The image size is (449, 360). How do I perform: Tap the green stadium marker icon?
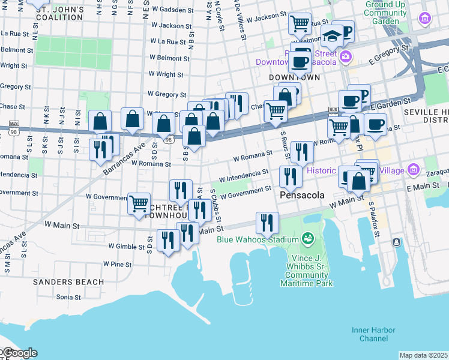click(x=308, y=239)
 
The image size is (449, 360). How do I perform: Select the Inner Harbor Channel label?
click(x=365, y=334)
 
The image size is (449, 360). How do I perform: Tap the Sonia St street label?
click(x=68, y=297)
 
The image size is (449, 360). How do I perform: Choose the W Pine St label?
click(x=116, y=264)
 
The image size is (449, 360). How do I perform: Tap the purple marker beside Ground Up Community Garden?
click(x=426, y=18)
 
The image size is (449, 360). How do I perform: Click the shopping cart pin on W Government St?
click(x=139, y=203)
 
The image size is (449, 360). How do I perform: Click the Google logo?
click(x=19, y=353)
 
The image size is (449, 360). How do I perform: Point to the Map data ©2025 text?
click(x=423, y=355)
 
